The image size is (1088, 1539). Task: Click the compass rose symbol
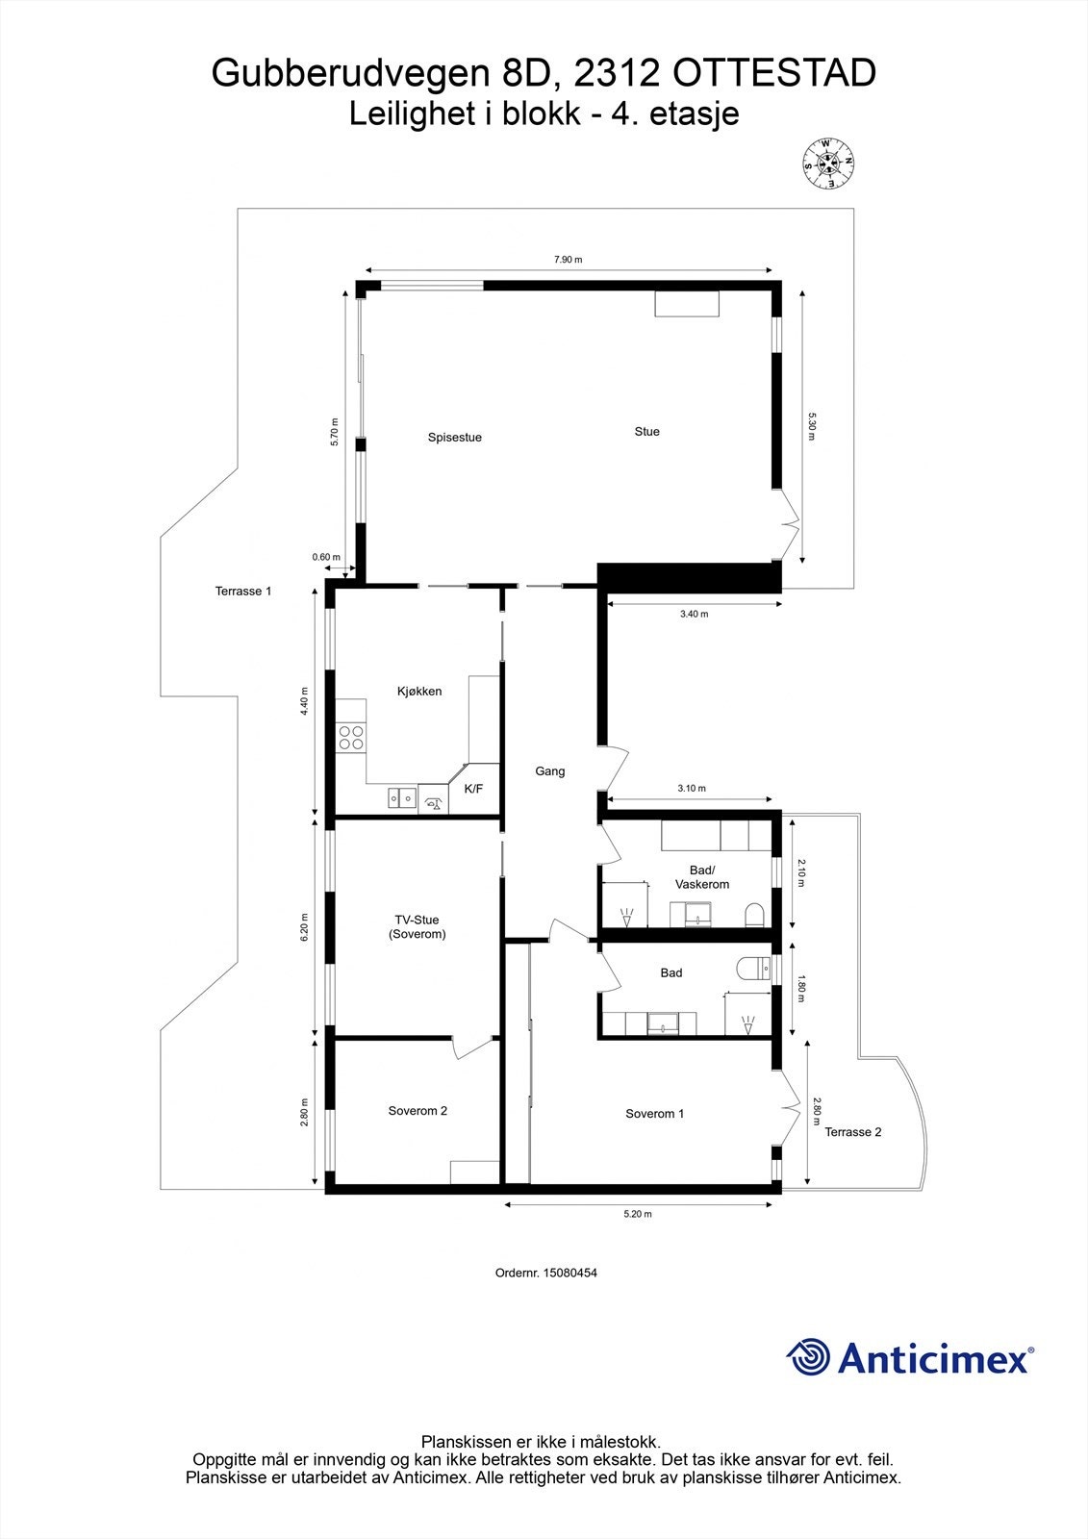click(828, 164)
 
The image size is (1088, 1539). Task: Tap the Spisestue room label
click(454, 438)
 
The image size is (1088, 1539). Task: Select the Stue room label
click(646, 432)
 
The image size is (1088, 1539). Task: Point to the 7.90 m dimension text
click(568, 260)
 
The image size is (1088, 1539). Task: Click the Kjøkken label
click(419, 692)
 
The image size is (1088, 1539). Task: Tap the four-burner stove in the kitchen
click(350, 737)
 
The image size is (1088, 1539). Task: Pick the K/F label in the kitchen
click(473, 789)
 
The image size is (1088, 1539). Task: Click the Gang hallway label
click(550, 771)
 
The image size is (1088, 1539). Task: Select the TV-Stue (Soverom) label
click(417, 927)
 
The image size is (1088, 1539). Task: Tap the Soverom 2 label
click(417, 1111)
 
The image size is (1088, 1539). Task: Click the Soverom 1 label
click(654, 1114)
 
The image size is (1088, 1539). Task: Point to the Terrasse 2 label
click(853, 1131)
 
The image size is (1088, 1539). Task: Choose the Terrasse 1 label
click(243, 591)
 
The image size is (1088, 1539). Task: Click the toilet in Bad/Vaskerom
click(754, 915)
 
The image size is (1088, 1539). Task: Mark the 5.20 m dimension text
click(638, 1214)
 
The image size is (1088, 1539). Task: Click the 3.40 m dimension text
click(695, 615)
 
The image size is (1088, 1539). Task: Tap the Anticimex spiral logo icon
click(807, 1357)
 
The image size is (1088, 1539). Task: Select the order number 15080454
click(569, 1273)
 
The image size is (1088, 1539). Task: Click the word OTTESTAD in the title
click(773, 73)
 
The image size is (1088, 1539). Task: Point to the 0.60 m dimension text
click(326, 557)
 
